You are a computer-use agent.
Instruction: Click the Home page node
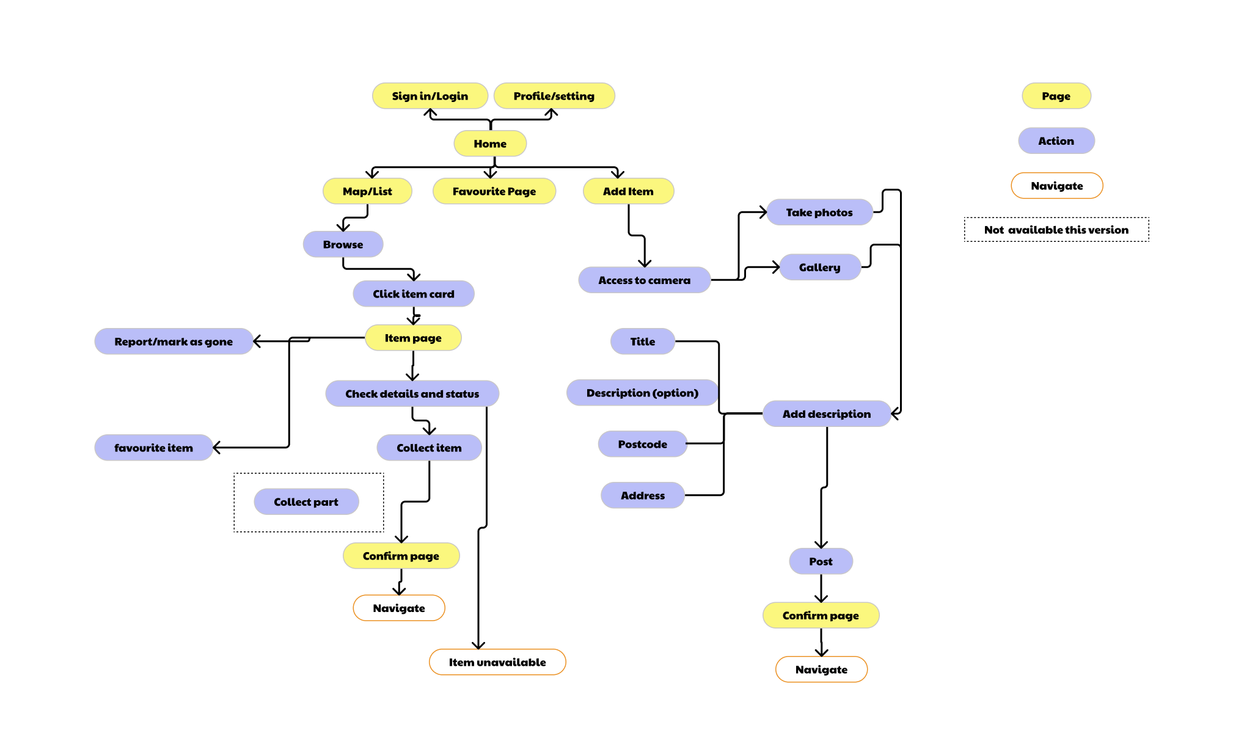coord(490,144)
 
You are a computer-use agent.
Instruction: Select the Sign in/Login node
coord(430,96)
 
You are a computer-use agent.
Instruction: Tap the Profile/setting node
coord(554,96)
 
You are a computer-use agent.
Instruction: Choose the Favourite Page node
coord(494,191)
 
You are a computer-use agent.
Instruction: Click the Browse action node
coord(343,244)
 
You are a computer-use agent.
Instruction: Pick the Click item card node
coord(413,294)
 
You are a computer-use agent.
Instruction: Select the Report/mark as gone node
coord(174,341)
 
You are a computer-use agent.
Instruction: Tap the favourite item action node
coord(153,448)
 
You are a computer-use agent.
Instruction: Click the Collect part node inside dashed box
coord(306,501)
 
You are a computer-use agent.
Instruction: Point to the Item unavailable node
coord(497,662)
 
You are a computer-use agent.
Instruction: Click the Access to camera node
coord(644,280)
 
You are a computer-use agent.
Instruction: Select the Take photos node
coord(819,213)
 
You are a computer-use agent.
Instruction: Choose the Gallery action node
coord(819,268)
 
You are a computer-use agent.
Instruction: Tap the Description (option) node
coord(642,393)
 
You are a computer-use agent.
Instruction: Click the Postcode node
coord(642,444)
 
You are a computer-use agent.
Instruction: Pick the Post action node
coord(821,561)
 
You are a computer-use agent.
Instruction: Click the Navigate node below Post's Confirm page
coord(821,669)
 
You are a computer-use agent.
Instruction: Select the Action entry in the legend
coord(1056,141)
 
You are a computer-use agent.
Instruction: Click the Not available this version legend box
coord(1056,230)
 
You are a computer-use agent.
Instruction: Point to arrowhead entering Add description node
coord(895,414)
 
